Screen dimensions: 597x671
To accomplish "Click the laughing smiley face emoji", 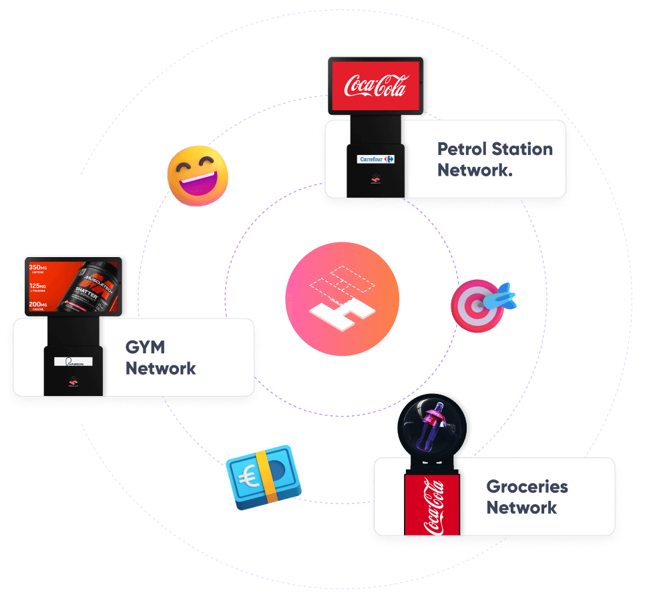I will click(197, 176).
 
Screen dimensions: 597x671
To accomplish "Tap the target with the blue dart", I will click(479, 305).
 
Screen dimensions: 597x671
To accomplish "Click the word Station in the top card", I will click(522, 149).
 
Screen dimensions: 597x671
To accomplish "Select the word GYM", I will click(145, 348).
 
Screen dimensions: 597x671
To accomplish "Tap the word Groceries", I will click(527, 487).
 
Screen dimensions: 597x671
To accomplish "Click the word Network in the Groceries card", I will click(521, 508).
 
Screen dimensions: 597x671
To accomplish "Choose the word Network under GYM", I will click(161, 369).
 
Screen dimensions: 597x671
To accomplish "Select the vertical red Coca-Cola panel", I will click(432, 506).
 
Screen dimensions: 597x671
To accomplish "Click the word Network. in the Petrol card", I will click(475, 170).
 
